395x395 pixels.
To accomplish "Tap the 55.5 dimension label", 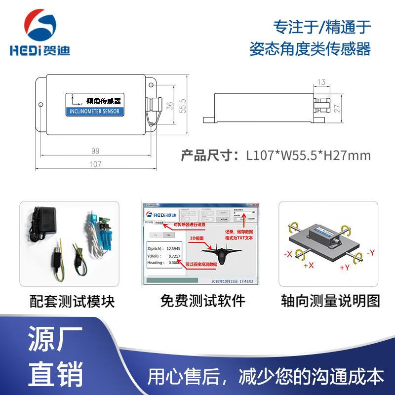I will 182,105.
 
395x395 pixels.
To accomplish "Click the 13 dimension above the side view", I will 322,82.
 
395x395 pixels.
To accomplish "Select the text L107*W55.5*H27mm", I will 308,156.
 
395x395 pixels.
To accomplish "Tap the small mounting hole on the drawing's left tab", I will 41,105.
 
